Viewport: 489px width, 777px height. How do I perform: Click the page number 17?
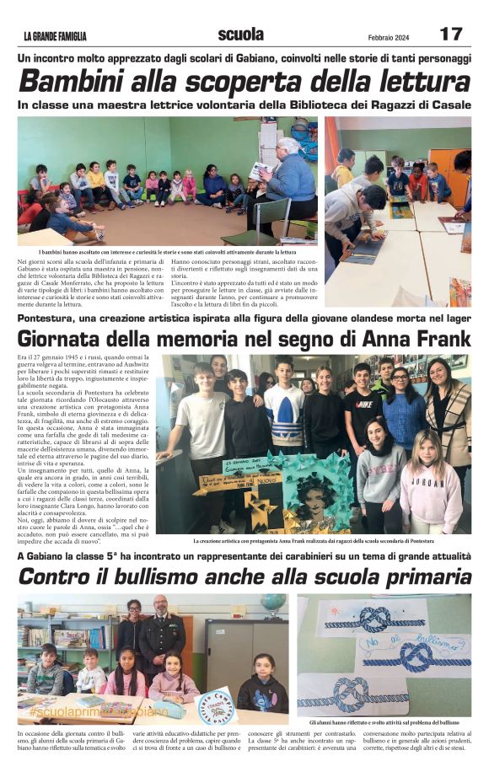pyautogui.click(x=451, y=34)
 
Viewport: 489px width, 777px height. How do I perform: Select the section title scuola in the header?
pyautogui.click(x=240, y=35)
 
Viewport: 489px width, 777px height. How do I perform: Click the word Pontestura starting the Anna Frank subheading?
pyautogui.click(x=51, y=318)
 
